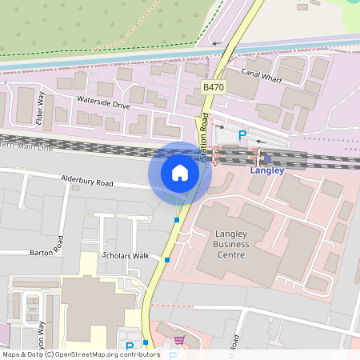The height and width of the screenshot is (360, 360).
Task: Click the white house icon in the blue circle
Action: click(180, 172)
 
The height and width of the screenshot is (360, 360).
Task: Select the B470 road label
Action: click(213, 86)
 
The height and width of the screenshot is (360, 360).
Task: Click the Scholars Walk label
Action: click(126, 256)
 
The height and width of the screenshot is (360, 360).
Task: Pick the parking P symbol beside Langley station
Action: click(242, 136)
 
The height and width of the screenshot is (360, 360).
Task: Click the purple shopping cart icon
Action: click(179, 339)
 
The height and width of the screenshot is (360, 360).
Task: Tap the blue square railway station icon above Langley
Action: click(267, 158)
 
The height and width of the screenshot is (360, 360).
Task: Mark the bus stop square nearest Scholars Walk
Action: click(167, 259)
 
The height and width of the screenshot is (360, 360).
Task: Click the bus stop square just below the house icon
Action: click(177, 220)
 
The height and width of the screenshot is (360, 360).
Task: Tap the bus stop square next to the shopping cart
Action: click(146, 343)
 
